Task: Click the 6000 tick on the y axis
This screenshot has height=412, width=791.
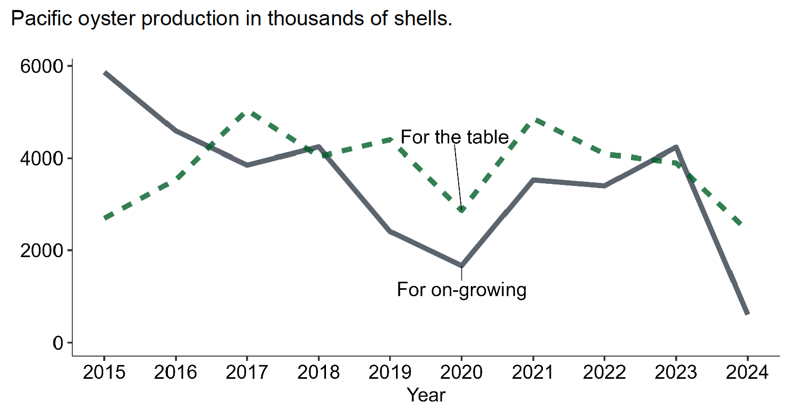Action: click(x=43, y=66)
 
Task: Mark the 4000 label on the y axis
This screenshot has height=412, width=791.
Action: click(x=43, y=159)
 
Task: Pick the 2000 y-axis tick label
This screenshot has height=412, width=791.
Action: click(x=43, y=251)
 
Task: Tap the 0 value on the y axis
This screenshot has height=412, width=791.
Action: click(x=57, y=343)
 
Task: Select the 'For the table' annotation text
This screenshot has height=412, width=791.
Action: click(x=454, y=138)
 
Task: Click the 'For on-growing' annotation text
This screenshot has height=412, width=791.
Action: click(x=461, y=290)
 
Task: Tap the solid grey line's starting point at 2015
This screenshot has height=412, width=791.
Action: click(x=104, y=73)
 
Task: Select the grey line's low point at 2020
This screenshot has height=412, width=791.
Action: click(x=462, y=266)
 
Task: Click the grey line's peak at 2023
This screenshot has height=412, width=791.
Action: click(x=675, y=147)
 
